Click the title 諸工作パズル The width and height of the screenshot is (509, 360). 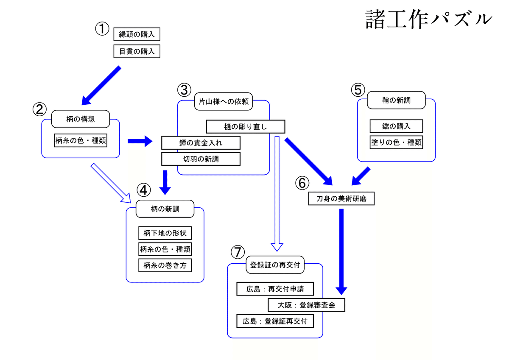[429, 20]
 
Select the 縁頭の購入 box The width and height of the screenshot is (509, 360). [137, 34]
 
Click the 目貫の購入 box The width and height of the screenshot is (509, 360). [137, 51]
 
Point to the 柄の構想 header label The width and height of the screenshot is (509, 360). [81, 119]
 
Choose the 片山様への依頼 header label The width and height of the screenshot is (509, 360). [223, 101]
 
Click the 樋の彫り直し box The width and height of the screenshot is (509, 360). [246, 126]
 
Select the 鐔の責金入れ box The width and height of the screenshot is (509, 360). [201, 143]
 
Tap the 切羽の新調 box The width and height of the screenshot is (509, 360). [201, 159]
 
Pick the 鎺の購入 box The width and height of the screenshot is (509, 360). [396, 126]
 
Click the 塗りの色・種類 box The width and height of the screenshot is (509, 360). [396, 142]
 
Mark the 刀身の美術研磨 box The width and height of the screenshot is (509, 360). [341, 198]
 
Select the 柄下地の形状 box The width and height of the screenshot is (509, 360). [165, 233]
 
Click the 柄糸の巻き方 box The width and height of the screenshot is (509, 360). [165, 265]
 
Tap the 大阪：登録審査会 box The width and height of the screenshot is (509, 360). [306, 305]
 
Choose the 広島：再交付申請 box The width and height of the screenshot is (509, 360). [275, 289]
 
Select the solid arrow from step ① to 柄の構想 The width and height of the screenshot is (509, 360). [101, 85]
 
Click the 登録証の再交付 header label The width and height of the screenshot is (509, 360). [275, 265]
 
